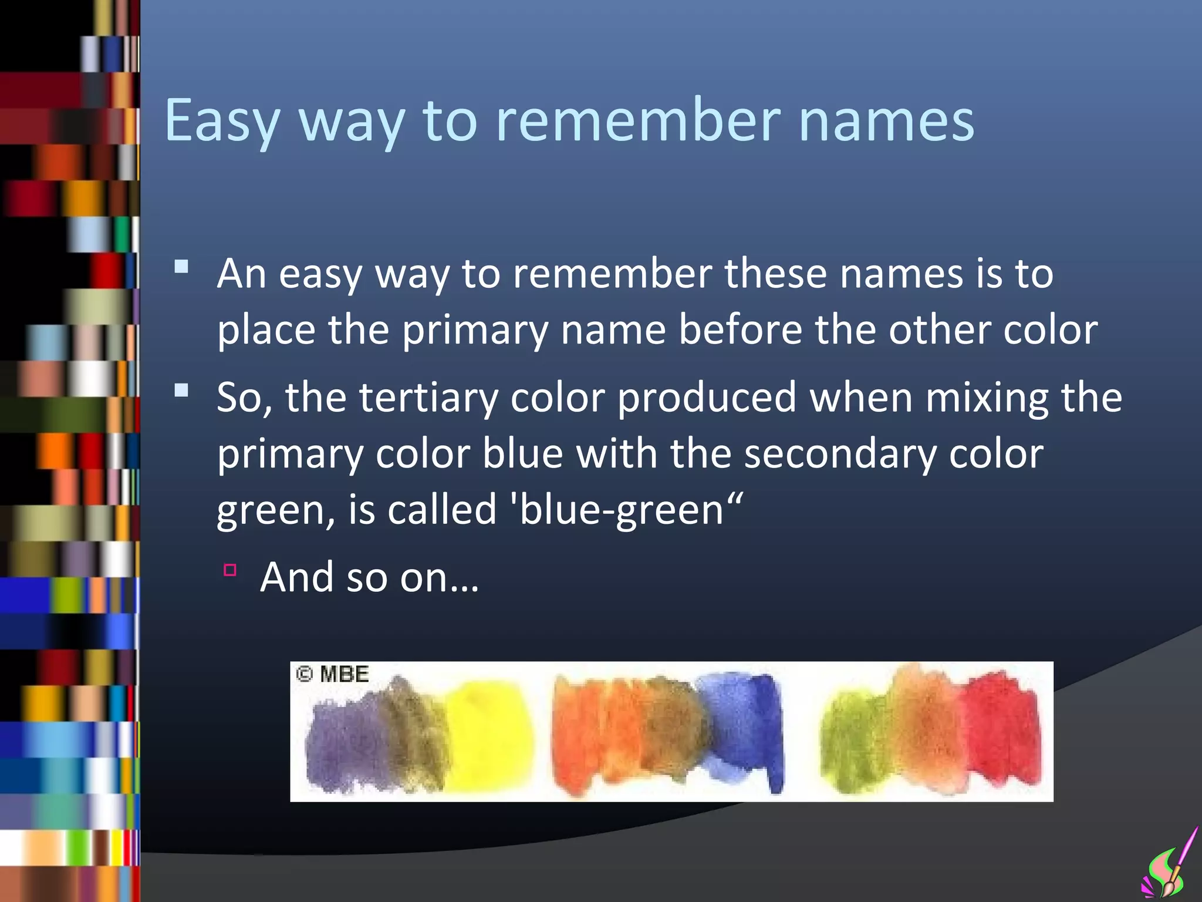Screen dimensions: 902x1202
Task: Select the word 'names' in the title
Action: [x=886, y=120]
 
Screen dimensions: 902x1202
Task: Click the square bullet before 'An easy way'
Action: [x=181, y=268]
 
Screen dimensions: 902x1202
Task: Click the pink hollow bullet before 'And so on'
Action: [x=229, y=570]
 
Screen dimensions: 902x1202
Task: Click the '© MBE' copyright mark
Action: [x=332, y=674]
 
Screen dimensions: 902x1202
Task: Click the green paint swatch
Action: [x=851, y=743]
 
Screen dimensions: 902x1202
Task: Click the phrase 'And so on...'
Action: [x=369, y=577]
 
